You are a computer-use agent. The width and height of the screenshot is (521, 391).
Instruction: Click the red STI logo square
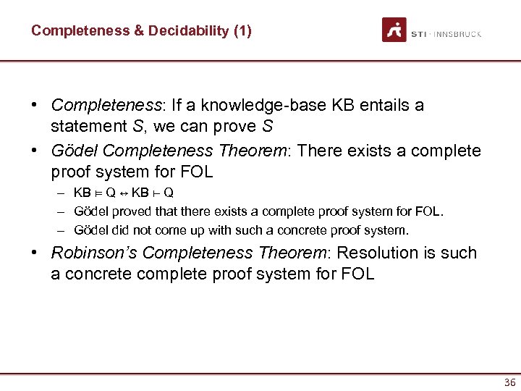[394, 30]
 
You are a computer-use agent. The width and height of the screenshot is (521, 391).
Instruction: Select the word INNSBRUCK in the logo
[457, 34]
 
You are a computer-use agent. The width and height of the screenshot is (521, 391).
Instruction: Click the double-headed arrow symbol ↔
[124, 193]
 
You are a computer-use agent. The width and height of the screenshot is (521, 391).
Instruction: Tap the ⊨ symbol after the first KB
[98, 193]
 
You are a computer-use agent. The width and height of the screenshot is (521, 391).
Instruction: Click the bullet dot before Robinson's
[35, 253]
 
